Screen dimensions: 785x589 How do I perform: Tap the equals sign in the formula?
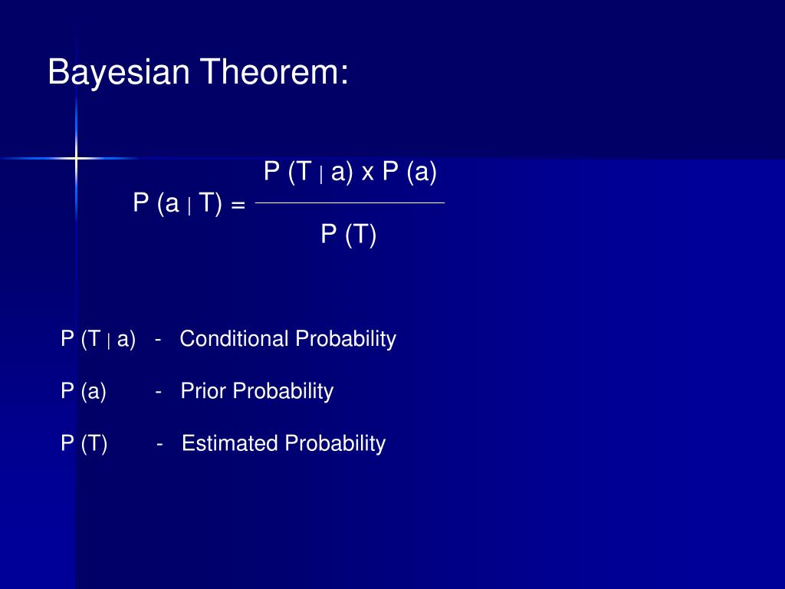point(238,205)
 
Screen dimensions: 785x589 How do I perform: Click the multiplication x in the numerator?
point(367,173)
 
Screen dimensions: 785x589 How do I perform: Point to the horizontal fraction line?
point(350,202)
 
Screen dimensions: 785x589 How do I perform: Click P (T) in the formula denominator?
point(349,235)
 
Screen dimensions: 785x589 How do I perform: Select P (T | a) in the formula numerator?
point(308,172)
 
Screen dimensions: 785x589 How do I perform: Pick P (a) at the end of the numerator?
point(409,172)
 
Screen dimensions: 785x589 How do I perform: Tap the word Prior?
point(202,390)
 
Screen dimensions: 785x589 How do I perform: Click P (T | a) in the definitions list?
point(98,339)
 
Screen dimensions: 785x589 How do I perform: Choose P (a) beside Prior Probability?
point(84,391)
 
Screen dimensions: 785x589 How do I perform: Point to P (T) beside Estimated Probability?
point(84,444)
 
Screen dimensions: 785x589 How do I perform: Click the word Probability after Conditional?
point(346,340)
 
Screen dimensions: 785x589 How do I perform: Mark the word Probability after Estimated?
point(336,444)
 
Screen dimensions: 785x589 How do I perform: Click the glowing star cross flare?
point(76,158)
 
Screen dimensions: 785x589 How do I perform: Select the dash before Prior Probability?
point(158,392)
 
